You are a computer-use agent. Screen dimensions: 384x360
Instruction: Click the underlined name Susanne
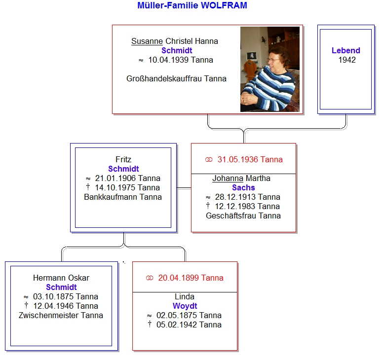[x=147, y=41]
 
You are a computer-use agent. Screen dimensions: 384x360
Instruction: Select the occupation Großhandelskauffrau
[x=164, y=78]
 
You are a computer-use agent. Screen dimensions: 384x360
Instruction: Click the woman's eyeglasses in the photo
[x=273, y=60]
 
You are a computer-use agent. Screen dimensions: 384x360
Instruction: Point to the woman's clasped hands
[x=249, y=99]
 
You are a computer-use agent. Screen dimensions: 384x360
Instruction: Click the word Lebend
[x=346, y=50]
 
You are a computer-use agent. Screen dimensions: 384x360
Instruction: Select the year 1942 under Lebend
[x=347, y=60]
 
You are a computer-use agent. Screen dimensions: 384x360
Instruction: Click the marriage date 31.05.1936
[x=237, y=160]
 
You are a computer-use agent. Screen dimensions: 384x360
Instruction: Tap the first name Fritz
[x=123, y=160]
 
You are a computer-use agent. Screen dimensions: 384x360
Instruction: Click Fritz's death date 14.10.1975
[x=115, y=188]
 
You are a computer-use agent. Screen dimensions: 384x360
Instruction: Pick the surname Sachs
[x=243, y=188]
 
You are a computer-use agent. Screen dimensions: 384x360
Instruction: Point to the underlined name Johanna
[x=228, y=179]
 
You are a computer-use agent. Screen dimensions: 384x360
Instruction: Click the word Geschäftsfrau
[x=231, y=216]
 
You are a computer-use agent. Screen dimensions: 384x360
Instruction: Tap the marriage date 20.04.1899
[x=178, y=278]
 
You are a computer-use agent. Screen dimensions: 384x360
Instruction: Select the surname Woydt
[x=185, y=306]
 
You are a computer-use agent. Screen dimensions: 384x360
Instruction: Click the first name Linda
[x=185, y=296]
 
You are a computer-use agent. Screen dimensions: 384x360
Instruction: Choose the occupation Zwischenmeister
[x=48, y=315]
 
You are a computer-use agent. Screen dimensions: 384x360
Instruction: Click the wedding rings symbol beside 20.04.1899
[x=150, y=278]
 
